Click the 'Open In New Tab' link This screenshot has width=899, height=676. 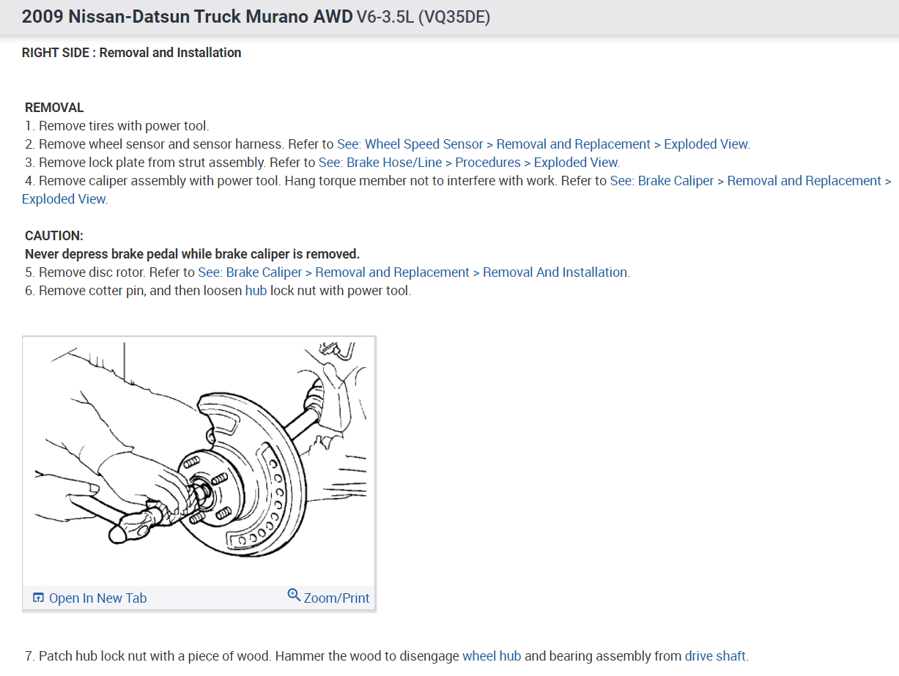(97, 598)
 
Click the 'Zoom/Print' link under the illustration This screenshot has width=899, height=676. (336, 598)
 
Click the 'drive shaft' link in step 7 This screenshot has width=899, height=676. (715, 656)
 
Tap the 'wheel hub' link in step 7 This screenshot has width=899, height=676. (491, 656)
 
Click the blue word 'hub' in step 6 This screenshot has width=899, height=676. (256, 291)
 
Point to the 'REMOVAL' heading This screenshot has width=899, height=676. (54, 108)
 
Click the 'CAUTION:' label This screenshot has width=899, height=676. (54, 236)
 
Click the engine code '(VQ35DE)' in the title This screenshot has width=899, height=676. (454, 17)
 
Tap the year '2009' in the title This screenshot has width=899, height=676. (42, 17)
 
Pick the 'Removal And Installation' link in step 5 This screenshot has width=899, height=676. (555, 272)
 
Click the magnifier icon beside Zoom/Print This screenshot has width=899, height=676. (294, 595)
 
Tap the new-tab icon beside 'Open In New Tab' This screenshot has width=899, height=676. (39, 598)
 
